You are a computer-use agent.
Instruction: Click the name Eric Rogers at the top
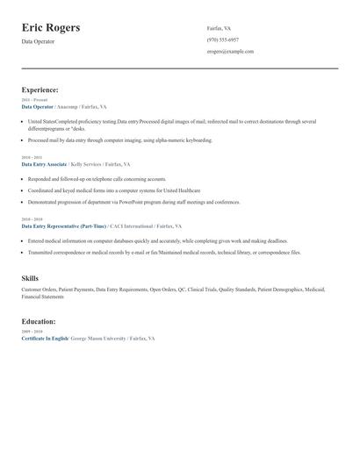click(x=51, y=28)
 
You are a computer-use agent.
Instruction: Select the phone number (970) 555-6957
click(x=222, y=39)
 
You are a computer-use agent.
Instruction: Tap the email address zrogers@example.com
click(x=230, y=51)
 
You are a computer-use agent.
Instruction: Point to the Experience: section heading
click(x=40, y=89)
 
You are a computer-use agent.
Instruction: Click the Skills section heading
click(x=30, y=277)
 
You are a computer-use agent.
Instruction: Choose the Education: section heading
click(x=39, y=321)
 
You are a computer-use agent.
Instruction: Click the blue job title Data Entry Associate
click(x=44, y=164)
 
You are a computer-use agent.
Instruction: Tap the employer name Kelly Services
click(x=87, y=164)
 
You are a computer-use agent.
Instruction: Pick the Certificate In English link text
click(x=45, y=338)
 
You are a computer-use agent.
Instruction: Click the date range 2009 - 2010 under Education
click(x=31, y=332)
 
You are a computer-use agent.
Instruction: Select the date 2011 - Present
click(x=34, y=100)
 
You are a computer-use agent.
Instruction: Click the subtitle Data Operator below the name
click(x=39, y=41)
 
